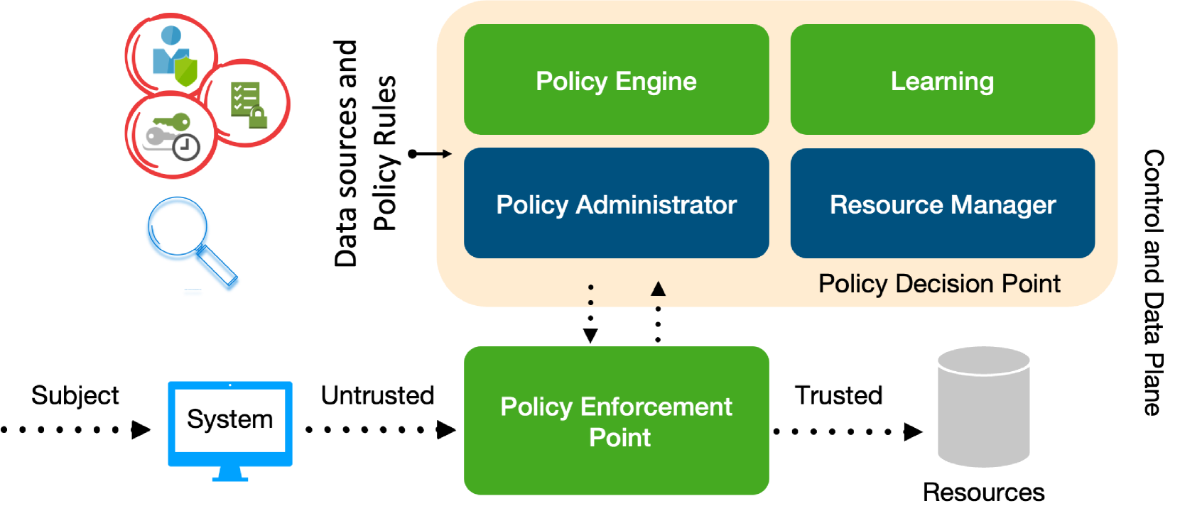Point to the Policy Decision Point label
938,284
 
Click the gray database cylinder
983,407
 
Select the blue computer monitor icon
229,424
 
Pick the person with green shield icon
172,57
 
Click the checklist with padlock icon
248,104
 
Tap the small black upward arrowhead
658,289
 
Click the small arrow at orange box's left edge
445,153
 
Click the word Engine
656,82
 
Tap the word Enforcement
656,407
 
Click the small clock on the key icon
186,147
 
